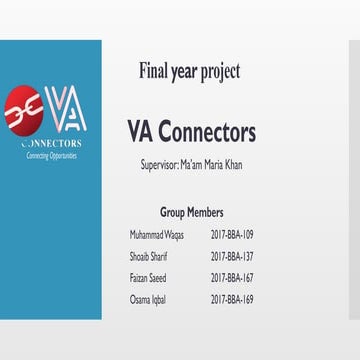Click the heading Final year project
point(190,71)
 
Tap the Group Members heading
point(191,212)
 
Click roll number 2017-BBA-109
point(232,234)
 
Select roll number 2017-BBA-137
point(232,255)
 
